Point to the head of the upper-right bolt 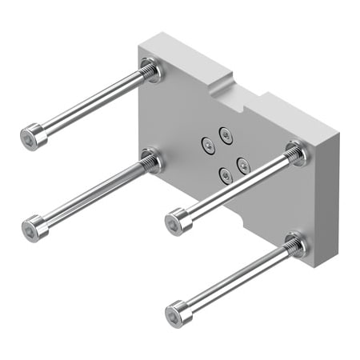[178, 220]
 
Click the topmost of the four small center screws [225, 134]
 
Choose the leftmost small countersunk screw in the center [206, 145]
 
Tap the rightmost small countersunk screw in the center [242, 166]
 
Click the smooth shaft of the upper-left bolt [88, 104]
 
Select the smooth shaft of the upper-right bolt [232, 187]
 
